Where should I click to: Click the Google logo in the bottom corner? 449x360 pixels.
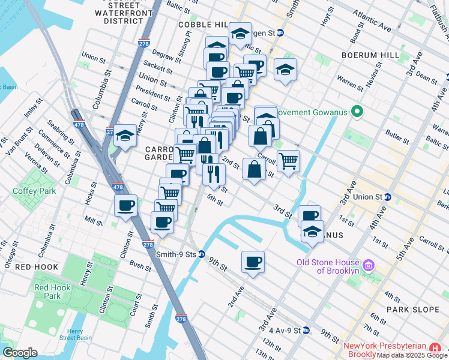[x=19, y=353]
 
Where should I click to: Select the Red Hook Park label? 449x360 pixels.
[x=48, y=292]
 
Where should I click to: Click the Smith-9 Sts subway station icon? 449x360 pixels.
[x=202, y=254]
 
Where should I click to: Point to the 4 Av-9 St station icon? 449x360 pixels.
[x=306, y=330]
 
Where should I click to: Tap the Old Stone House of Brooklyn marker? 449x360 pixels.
[x=369, y=265]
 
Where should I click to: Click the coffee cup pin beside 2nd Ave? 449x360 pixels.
[x=253, y=261]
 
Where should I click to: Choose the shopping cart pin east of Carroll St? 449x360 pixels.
[x=289, y=161]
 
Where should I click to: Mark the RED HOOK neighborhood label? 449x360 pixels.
[x=37, y=267]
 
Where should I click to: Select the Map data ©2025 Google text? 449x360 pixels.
[x=412, y=355]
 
